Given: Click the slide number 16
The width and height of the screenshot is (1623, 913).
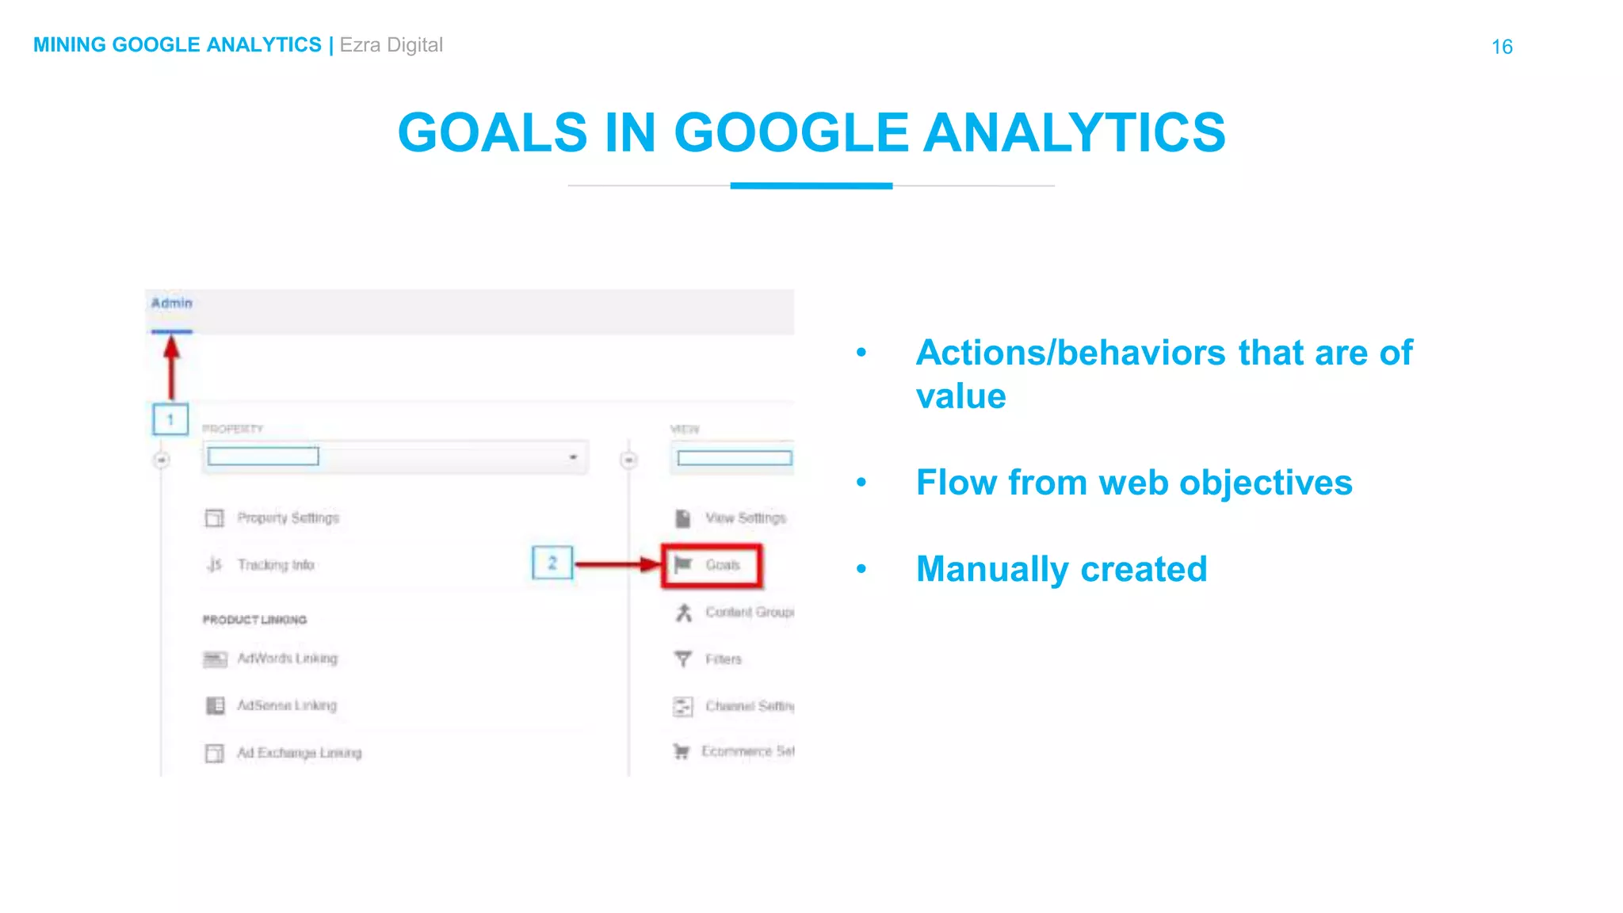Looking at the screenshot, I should pos(1502,47).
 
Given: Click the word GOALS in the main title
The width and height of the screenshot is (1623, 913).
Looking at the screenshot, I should pos(492,132).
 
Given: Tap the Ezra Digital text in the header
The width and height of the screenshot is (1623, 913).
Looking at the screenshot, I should pos(391,45).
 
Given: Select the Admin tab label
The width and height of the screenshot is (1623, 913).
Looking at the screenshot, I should pos(172,304).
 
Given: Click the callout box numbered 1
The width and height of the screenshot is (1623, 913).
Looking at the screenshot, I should pos(170,419).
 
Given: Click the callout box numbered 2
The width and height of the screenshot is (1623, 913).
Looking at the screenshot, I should pos(552,563).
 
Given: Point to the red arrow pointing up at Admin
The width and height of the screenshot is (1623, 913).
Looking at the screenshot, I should pos(171,367).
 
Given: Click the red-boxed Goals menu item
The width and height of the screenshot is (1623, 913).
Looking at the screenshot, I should pos(712,565).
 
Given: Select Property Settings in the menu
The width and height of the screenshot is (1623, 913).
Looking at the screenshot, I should pos(288,518).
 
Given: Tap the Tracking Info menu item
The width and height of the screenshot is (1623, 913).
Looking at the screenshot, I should pos(276,565).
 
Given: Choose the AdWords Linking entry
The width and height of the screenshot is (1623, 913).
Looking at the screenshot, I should pos(287,659).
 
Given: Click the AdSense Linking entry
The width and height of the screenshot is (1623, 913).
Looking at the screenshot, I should pos(286,705).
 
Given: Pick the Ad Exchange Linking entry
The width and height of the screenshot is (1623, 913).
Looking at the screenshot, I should pos(299,753).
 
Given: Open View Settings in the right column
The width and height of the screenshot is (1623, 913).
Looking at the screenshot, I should pos(745,518).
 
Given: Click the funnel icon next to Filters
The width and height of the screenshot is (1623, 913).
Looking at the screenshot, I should pos(682,659).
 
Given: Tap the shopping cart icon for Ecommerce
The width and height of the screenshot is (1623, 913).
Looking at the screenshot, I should pos(681,751).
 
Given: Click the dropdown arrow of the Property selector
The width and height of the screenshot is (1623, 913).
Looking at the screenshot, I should pos(573,457).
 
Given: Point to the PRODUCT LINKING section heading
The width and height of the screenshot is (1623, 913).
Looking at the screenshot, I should pos(254,620).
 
